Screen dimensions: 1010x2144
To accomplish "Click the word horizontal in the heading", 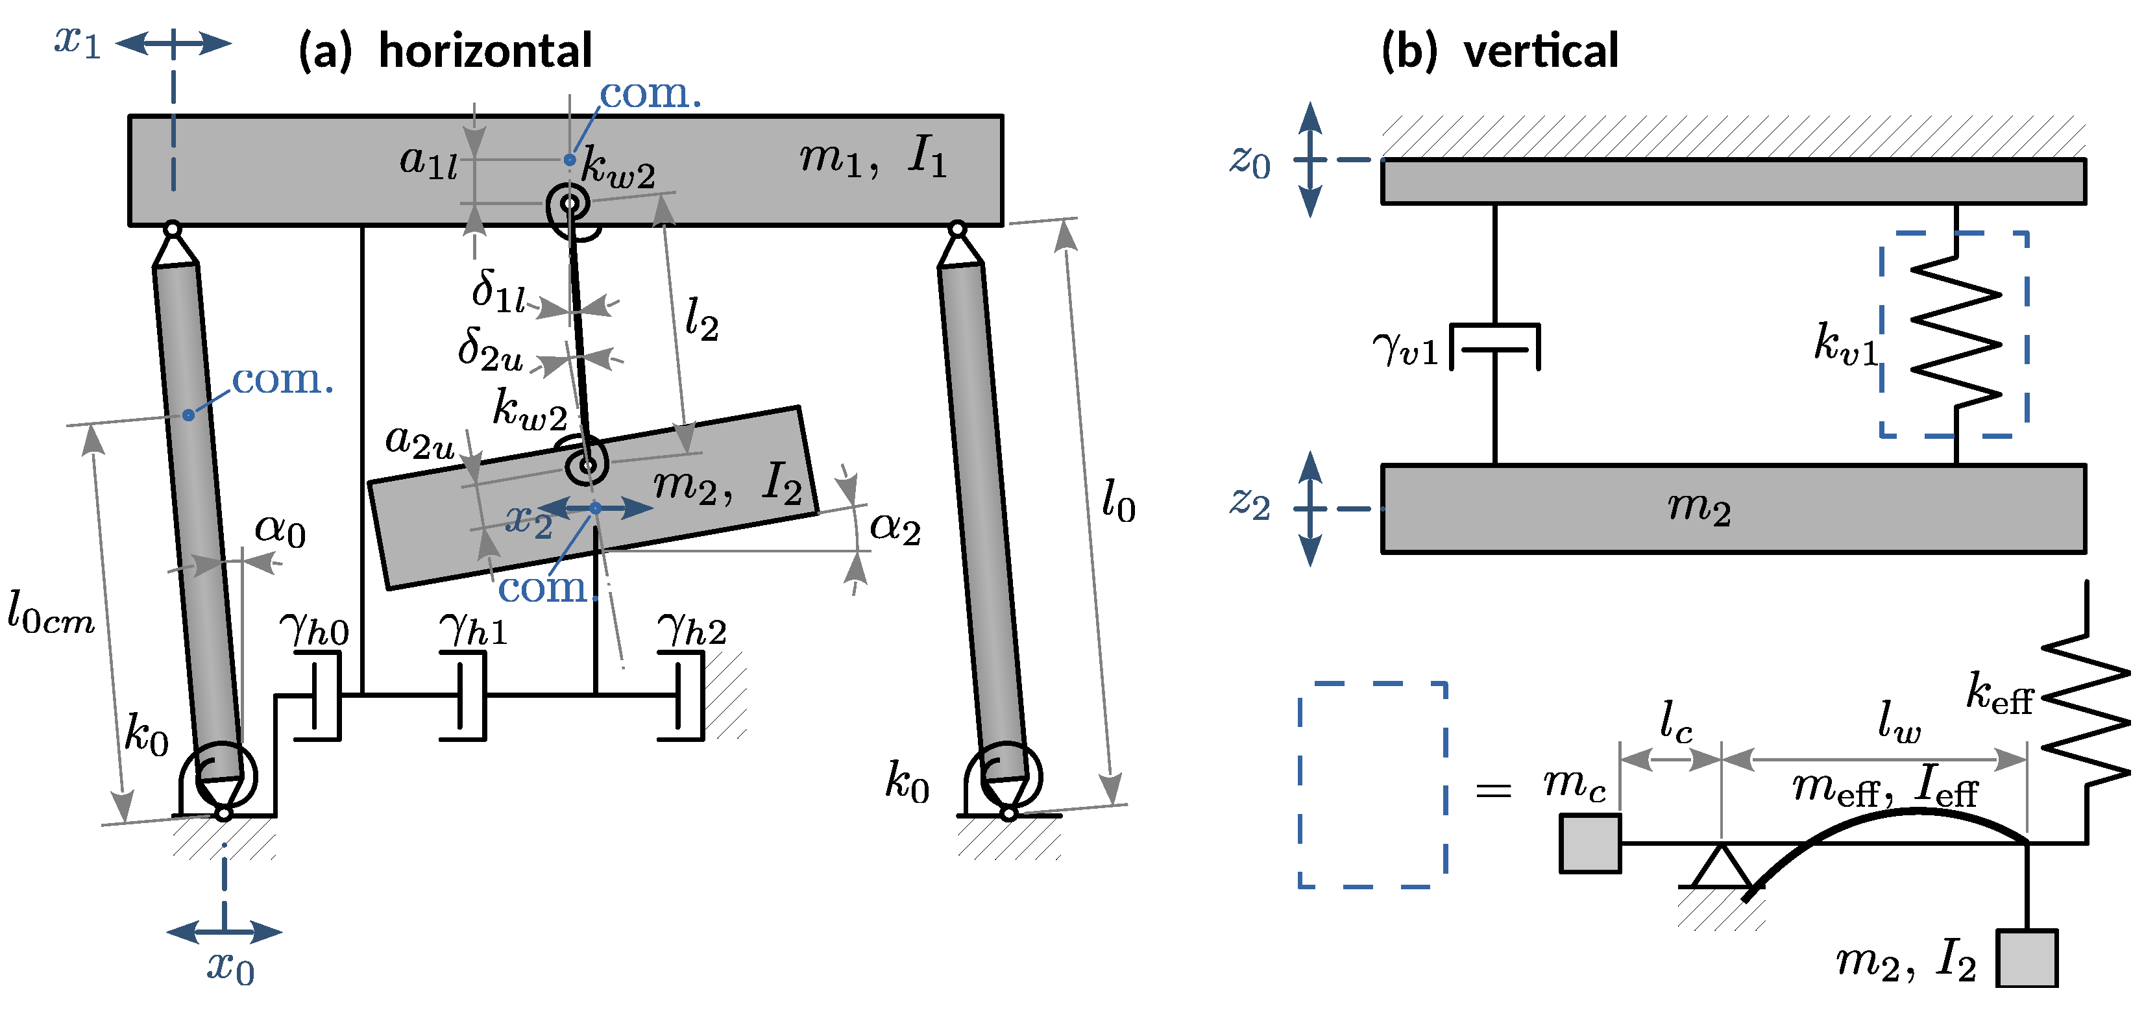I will tap(485, 52).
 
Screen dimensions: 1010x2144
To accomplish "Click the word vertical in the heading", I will tap(1541, 52).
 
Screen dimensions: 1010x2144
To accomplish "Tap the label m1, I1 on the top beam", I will tap(873, 156).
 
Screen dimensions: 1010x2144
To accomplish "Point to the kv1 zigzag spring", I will tap(1955, 333).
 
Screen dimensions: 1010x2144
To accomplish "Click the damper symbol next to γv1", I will tap(1495, 347).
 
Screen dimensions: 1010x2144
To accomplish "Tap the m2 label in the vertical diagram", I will tap(1699, 508).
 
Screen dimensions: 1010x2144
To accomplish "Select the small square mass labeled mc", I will tap(1590, 843).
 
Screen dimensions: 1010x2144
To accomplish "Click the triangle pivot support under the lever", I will tap(1720, 868).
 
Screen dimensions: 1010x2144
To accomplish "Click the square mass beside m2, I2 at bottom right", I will tap(2027, 958).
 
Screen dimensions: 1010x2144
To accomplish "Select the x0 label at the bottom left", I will tap(230, 968).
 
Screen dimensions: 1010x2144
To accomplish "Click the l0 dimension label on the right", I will tap(1118, 501).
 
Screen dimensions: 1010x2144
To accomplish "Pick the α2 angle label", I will tap(895, 528).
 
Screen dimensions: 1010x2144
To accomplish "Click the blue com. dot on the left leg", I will tap(189, 415).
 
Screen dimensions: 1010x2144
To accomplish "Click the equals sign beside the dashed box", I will tap(1493, 790).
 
